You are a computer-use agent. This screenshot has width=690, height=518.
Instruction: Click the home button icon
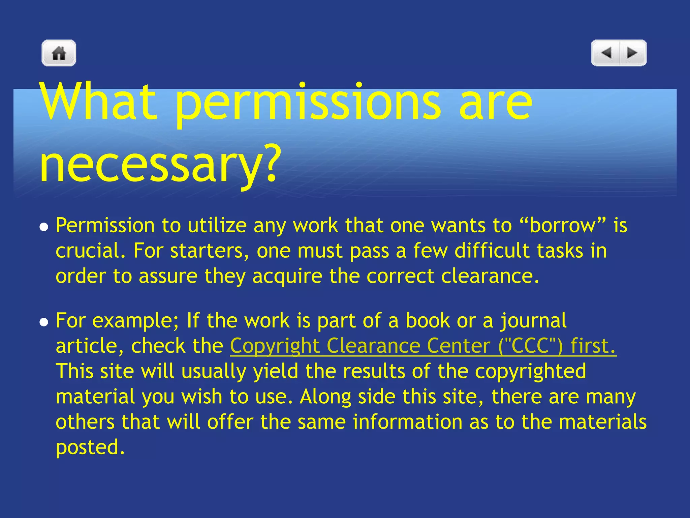pyautogui.click(x=59, y=53)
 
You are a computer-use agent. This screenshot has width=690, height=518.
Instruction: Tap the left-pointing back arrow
pyautogui.click(x=606, y=53)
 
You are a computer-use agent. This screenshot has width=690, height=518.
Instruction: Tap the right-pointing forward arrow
pyautogui.click(x=632, y=53)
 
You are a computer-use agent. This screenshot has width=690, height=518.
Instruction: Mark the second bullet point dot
pyautogui.click(x=43, y=322)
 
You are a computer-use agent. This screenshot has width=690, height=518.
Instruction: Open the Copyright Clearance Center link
pyautogui.click(x=423, y=346)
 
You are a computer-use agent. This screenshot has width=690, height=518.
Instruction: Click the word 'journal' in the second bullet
pyautogui.click(x=533, y=321)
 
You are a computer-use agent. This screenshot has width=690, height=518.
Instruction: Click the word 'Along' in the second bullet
pyautogui.click(x=325, y=397)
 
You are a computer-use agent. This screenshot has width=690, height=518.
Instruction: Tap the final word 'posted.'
pyautogui.click(x=90, y=448)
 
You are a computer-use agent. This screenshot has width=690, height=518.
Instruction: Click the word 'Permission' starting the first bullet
pyautogui.click(x=105, y=225)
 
